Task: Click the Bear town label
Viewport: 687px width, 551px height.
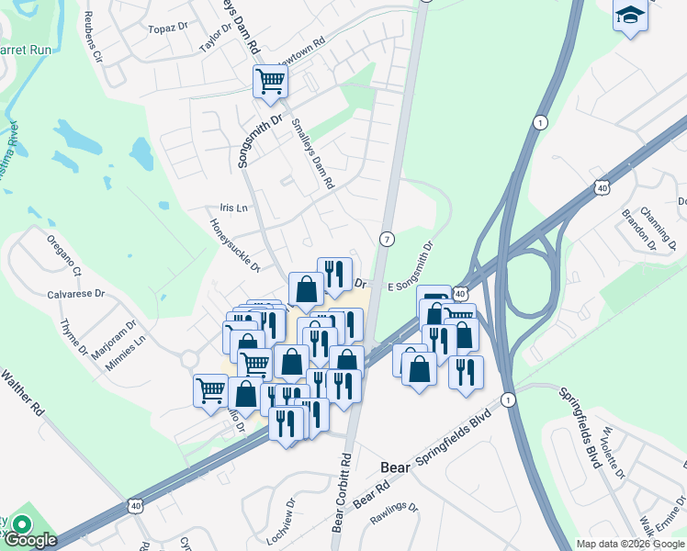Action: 395,467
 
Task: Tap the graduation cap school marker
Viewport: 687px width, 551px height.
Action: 630,16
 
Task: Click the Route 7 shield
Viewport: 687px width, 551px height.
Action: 388,239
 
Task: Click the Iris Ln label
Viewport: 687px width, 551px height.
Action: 234,208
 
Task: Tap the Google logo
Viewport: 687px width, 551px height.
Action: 31,540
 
